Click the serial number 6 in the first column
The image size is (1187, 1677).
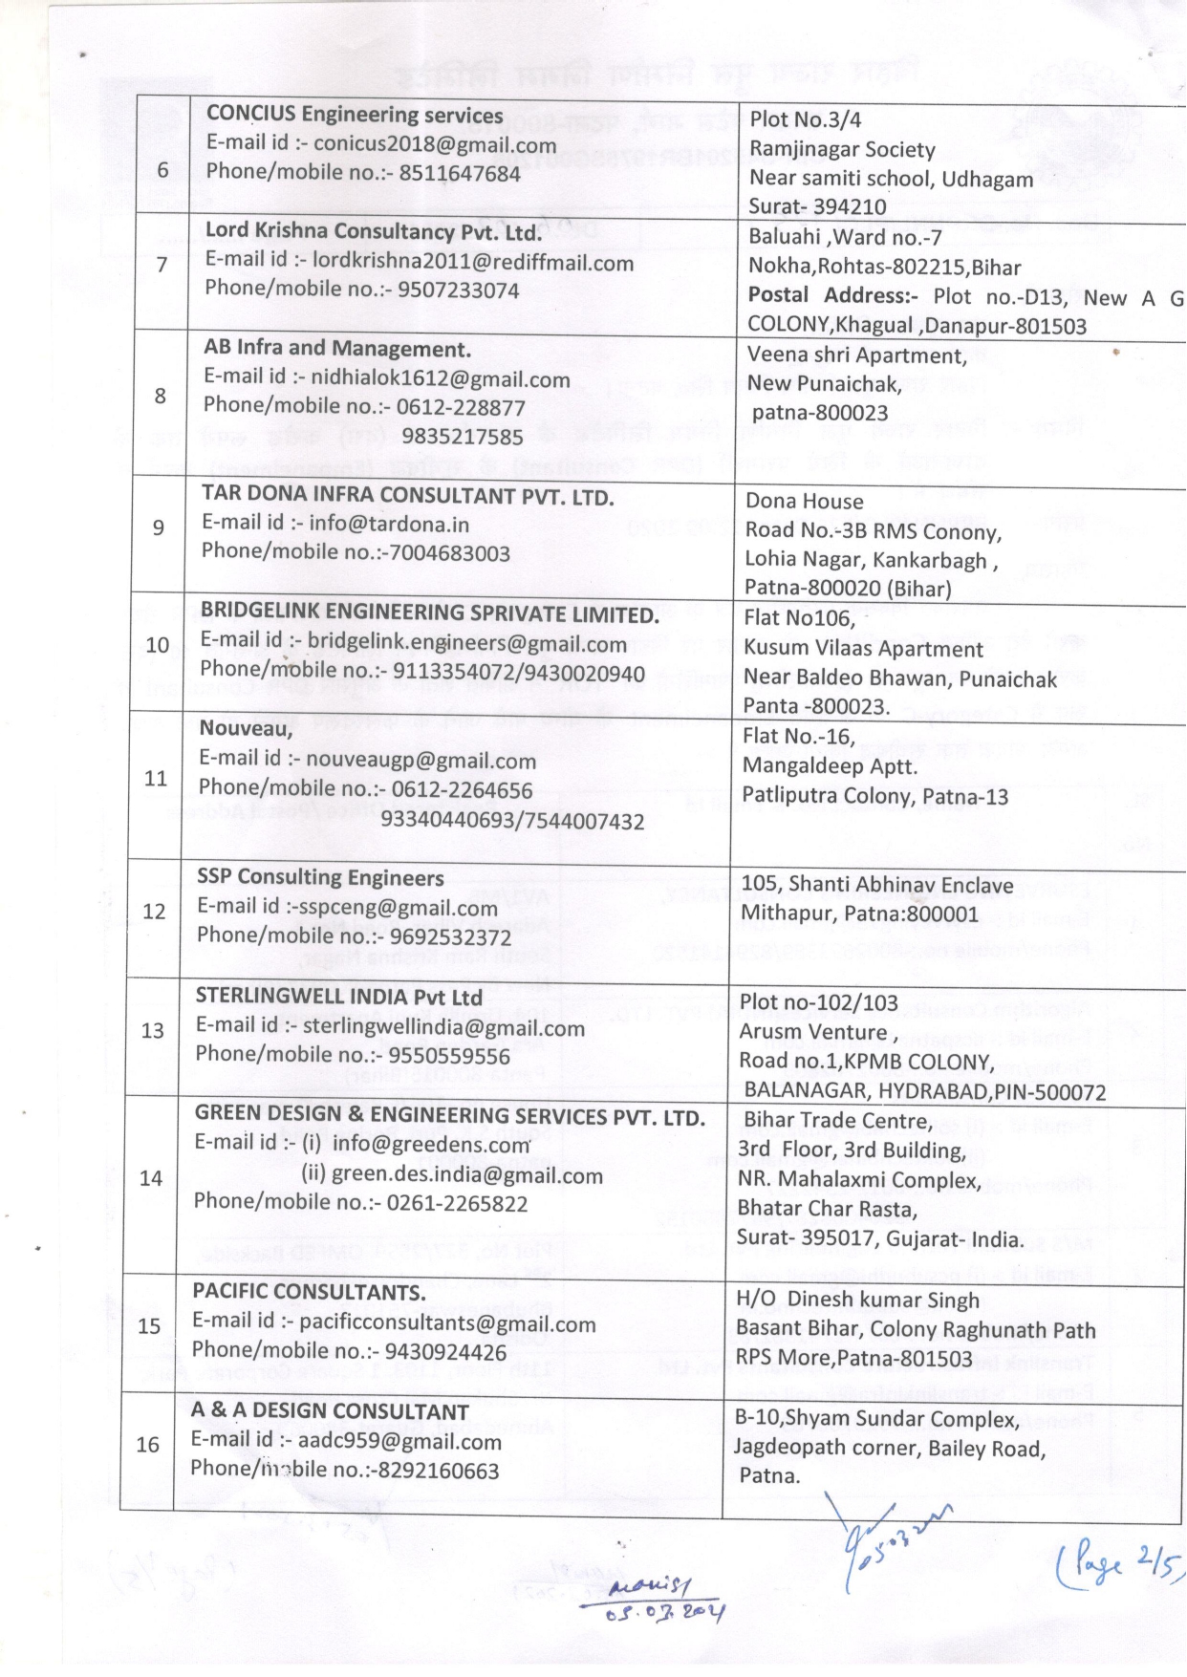pos(162,170)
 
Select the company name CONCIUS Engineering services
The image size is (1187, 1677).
pos(355,115)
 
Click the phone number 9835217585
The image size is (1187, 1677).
pos(463,437)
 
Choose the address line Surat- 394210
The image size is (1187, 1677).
pos(817,206)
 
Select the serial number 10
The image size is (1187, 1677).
pos(157,645)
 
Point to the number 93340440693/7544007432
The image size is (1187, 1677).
pos(512,821)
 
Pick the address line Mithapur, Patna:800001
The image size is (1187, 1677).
pos(859,914)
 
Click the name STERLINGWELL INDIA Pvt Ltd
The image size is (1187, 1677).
pos(338,997)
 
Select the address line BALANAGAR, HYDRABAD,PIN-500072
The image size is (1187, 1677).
pos(924,1091)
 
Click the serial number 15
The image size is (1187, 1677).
pos(149,1326)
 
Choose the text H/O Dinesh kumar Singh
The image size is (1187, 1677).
pos(857,1301)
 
